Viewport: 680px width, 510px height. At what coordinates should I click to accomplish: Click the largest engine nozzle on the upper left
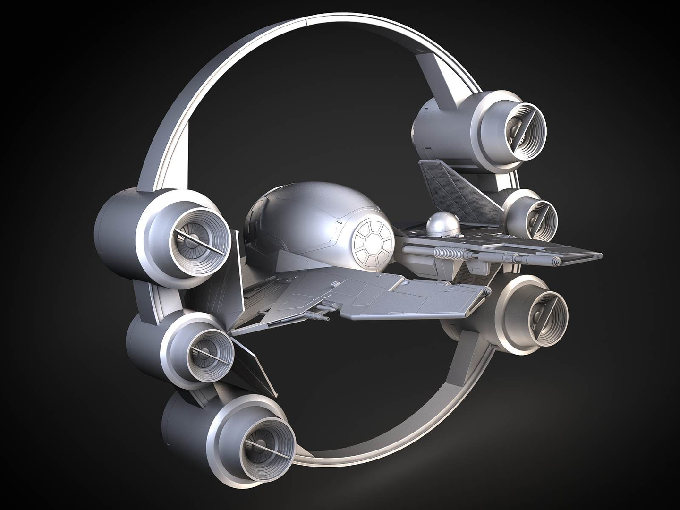(x=198, y=243)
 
